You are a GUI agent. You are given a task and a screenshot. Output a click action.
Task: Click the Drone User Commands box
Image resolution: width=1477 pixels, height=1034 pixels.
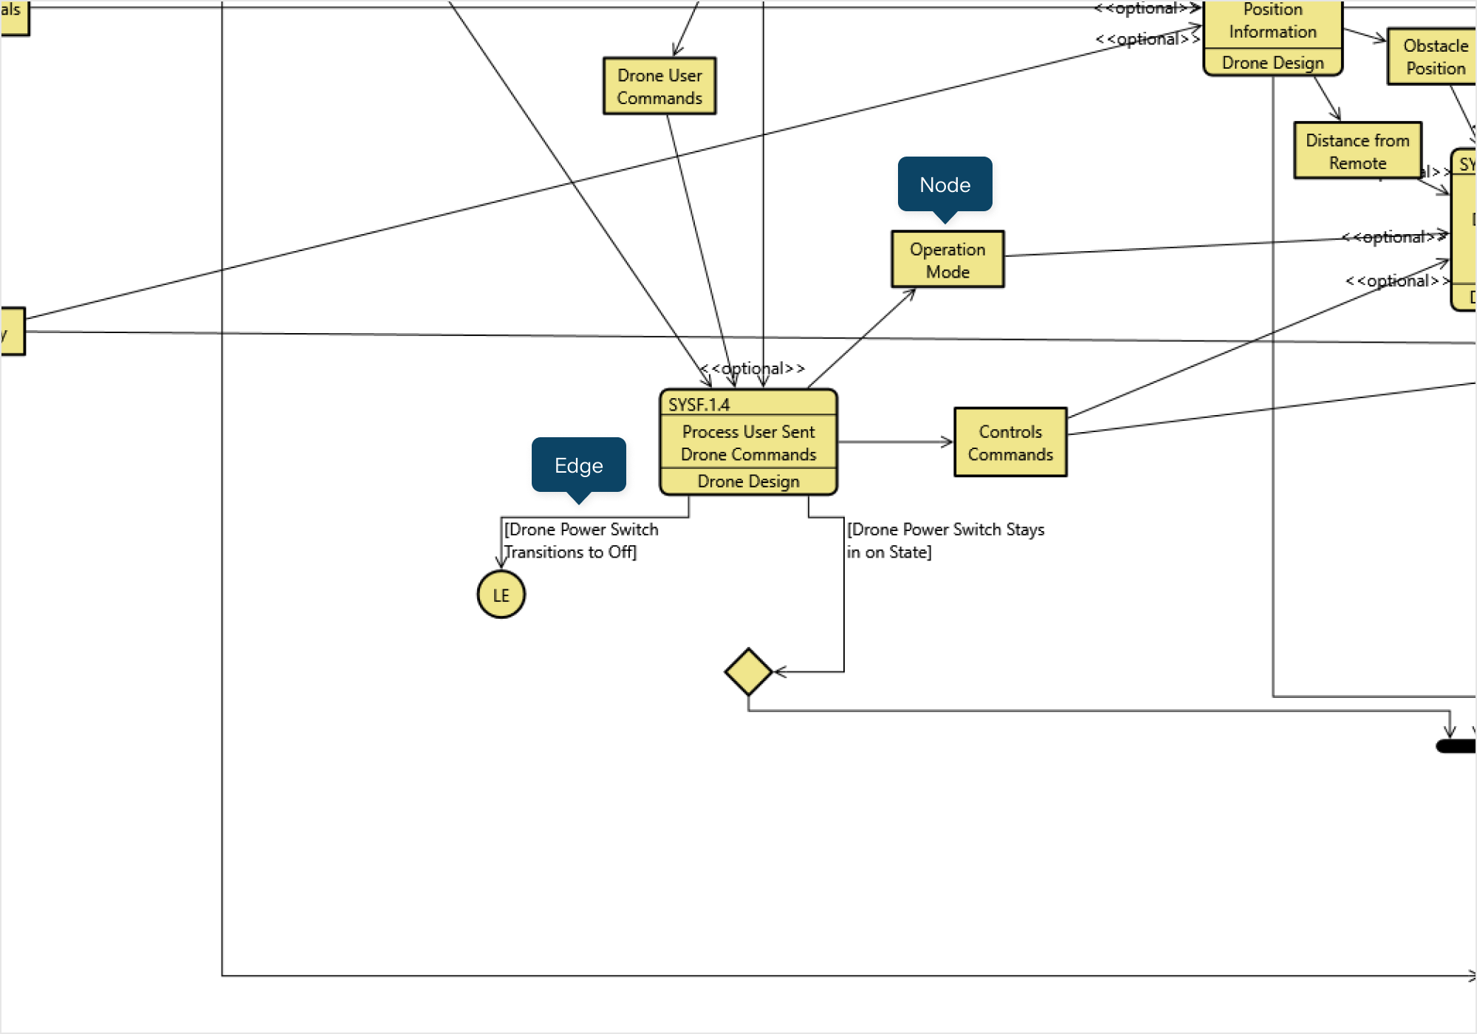point(659,86)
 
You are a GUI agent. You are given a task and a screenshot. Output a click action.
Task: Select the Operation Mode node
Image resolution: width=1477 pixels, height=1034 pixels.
point(947,260)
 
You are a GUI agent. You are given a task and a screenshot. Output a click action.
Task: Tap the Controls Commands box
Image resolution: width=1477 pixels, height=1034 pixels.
point(1010,442)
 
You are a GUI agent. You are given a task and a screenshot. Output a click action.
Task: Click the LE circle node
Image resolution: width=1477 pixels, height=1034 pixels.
point(501,595)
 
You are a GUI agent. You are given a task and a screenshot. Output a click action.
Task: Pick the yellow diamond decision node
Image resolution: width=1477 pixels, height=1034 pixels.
point(748,672)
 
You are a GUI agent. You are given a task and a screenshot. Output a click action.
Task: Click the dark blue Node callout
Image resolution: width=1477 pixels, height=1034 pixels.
point(945,185)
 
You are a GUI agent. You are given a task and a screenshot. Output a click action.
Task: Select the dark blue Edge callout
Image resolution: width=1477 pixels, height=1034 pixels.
point(578,465)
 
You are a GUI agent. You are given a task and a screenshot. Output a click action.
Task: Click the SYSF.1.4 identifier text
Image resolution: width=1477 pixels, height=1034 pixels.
point(699,405)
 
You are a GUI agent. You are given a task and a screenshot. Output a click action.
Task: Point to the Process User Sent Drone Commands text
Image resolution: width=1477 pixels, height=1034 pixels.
point(748,442)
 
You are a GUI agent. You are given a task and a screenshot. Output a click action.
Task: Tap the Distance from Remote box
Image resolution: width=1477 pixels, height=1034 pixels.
point(1357,151)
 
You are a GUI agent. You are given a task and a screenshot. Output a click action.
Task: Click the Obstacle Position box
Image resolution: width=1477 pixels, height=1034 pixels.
point(1434,57)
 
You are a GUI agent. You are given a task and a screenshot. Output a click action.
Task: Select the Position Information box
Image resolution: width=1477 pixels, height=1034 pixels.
point(1272,22)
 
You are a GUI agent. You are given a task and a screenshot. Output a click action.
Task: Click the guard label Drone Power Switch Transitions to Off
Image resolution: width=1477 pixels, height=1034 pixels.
point(580,541)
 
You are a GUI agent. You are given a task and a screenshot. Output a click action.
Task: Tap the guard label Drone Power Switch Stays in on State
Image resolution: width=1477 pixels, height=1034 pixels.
point(945,541)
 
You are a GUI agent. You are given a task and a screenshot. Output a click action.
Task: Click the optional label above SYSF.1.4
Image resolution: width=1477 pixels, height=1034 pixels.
point(753,368)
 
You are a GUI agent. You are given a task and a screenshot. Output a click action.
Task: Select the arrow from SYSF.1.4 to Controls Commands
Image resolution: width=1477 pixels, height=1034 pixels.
point(894,442)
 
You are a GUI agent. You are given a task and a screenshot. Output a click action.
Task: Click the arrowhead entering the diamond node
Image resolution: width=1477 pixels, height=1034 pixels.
point(779,672)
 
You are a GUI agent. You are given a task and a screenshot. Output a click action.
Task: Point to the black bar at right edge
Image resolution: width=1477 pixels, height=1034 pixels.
point(1456,747)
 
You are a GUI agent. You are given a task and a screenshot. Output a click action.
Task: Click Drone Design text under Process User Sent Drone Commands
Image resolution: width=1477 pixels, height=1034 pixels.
point(748,482)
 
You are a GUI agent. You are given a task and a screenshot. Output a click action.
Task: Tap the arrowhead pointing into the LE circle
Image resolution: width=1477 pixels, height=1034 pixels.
point(501,563)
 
